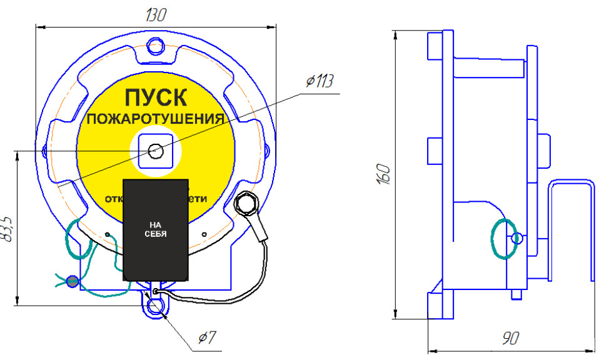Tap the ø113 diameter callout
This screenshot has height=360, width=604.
click(x=320, y=82)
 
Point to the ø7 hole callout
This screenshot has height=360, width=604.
click(x=206, y=338)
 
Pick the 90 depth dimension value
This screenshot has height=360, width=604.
click(x=510, y=338)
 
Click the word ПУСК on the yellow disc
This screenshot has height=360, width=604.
click(x=154, y=97)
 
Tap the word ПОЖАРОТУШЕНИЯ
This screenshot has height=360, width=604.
click(x=155, y=119)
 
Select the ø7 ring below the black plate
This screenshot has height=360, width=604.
click(x=155, y=306)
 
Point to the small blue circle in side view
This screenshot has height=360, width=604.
click(x=517, y=238)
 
